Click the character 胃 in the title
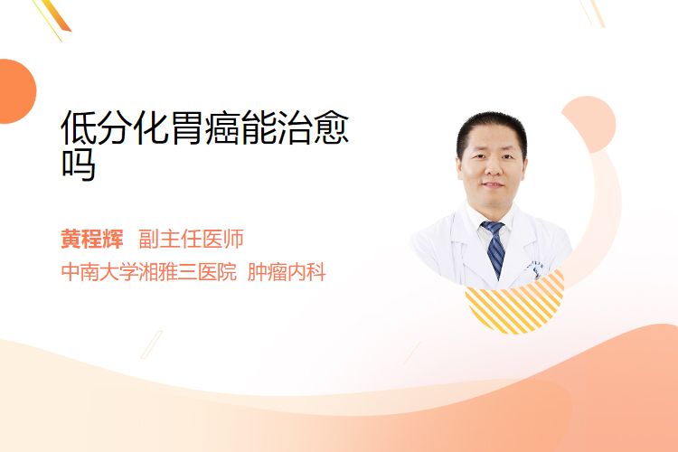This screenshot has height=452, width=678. click(186, 127)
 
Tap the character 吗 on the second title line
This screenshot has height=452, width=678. click(79, 165)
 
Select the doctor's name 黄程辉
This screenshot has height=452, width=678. click(92, 239)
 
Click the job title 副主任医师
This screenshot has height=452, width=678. click(191, 239)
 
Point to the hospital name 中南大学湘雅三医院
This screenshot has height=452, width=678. click(149, 272)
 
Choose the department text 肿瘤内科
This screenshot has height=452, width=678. click(287, 272)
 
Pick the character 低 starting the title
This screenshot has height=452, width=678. click(79, 127)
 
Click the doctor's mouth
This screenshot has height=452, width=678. click(493, 184)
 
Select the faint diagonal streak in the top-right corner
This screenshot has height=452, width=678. click(593, 13)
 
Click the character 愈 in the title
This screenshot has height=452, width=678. click(331, 127)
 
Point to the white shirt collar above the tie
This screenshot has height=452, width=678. click(493, 221)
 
